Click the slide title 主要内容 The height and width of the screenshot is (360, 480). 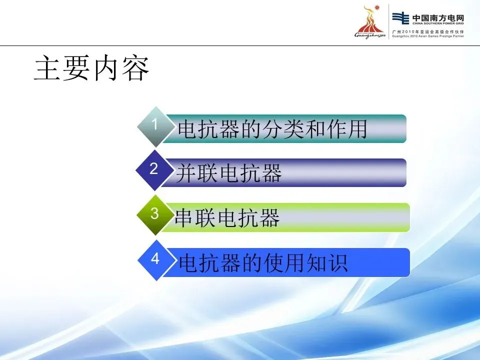coord(91,68)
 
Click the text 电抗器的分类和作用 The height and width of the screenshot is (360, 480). coord(272,129)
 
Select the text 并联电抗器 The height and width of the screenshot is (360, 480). coord(228,173)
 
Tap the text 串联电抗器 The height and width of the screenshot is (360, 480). coord(227,218)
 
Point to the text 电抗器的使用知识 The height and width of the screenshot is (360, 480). coord(263,262)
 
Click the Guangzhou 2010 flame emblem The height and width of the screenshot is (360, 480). coord(370,21)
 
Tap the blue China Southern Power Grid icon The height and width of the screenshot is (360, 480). coord(400,18)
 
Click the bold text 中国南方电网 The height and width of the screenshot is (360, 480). coord(438,17)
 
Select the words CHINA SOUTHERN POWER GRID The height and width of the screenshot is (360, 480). coord(438,23)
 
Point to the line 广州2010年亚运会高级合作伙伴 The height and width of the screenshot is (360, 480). coord(428,31)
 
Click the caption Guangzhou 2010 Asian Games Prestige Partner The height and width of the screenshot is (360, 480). coord(428,36)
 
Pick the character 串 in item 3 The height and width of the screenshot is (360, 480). coord(184,218)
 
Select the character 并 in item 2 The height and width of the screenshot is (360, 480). coord(186,173)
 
